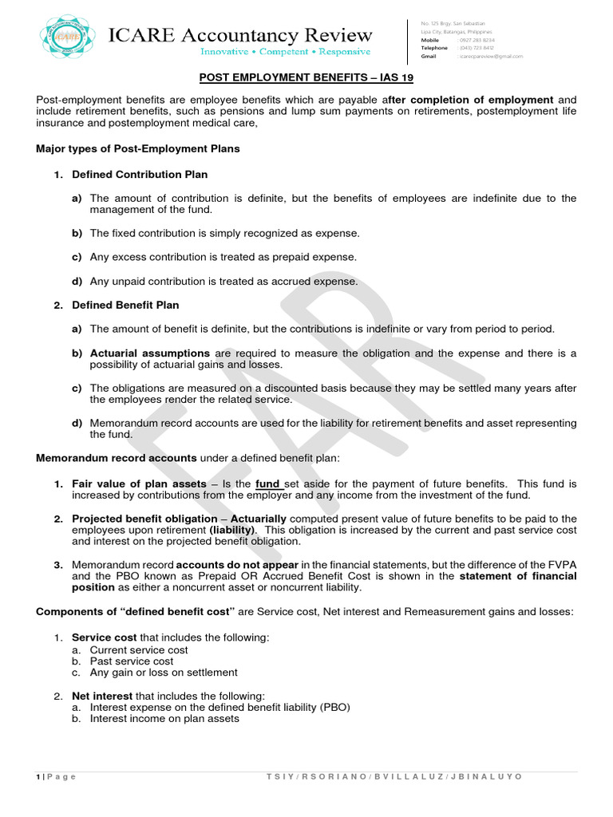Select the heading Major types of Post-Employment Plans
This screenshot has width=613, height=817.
138,148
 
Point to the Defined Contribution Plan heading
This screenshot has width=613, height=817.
140,174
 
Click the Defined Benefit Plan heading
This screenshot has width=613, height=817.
125,305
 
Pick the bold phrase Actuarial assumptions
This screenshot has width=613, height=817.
151,353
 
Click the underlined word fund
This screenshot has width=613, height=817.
267,483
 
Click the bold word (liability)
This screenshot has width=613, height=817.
232,530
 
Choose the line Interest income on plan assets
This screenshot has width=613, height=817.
164,718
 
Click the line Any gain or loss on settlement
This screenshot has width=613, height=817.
164,672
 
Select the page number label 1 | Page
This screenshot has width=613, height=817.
56,776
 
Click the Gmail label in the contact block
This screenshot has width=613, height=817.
429,57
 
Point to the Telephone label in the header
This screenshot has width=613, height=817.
434,48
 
